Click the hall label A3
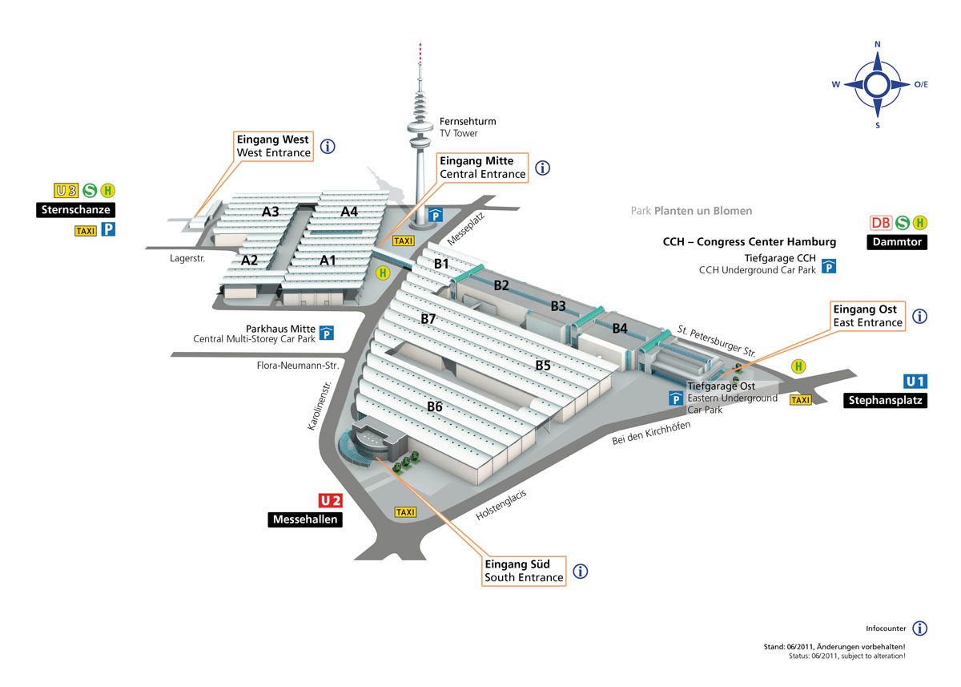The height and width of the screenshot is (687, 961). pyautogui.click(x=271, y=212)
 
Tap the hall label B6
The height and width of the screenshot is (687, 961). pyautogui.click(x=435, y=406)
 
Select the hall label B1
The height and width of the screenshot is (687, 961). pyautogui.click(x=442, y=263)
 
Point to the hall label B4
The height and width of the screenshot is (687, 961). pyautogui.click(x=620, y=328)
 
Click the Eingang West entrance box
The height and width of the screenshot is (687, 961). pyautogui.click(x=273, y=146)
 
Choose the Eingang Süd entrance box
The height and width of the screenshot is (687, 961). pyautogui.click(x=524, y=571)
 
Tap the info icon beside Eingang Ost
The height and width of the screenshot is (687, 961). pyautogui.click(x=919, y=316)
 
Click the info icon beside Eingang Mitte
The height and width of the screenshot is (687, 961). pyautogui.click(x=543, y=168)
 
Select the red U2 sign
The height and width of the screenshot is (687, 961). pyautogui.click(x=331, y=501)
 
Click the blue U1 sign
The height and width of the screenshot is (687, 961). pyautogui.click(x=915, y=382)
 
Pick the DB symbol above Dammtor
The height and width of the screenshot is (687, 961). pyautogui.click(x=881, y=224)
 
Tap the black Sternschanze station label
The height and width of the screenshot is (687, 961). pyautogui.click(x=74, y=210)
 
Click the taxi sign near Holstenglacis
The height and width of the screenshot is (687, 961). pyautogui.click(x=406, y=512)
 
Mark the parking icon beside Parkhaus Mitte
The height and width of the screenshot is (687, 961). pyautogui.click(x=327, y=333)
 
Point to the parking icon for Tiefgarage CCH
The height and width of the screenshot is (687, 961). pyautogui.click(x=829, y=266)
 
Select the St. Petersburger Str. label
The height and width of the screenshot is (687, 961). pyautogui.click(x=717, y=340)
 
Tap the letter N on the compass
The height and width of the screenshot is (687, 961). pyautogui.click(x=878, y=44)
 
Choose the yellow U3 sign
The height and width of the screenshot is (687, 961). pyautogui.click(x=66, y=190)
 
